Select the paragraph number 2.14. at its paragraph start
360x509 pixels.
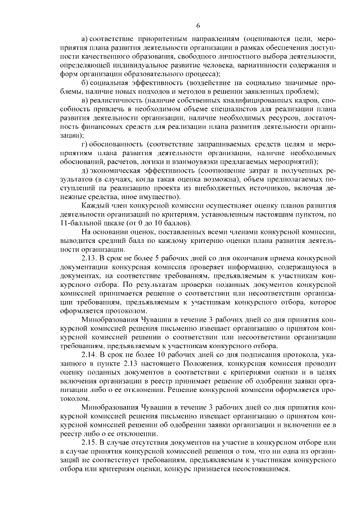point(92,355)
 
